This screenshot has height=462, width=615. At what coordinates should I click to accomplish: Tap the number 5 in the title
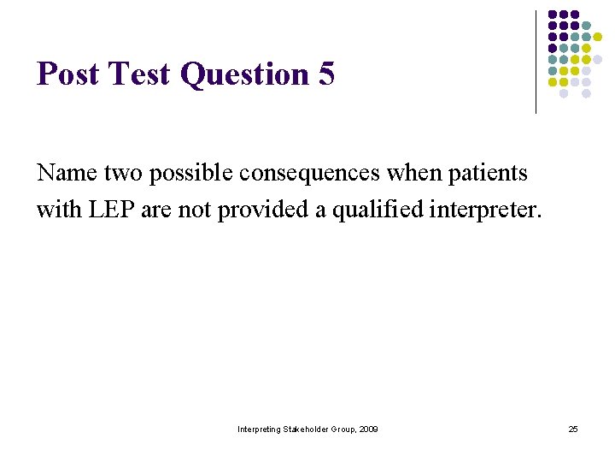[326, 75]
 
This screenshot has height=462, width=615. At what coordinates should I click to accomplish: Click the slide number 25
[573, 429]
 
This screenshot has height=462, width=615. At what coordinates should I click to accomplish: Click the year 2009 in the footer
[368, 429]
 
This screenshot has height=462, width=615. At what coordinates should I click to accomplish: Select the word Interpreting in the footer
[260, 429]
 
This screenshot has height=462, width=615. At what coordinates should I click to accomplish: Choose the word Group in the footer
[343, 429]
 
